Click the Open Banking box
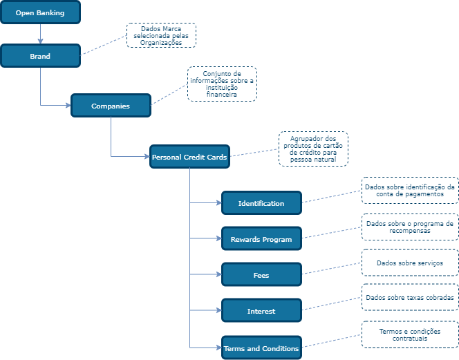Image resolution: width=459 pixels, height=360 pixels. coord(40,12)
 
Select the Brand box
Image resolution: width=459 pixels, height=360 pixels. coord(40,56)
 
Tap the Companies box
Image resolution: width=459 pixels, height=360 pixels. coord(111,106)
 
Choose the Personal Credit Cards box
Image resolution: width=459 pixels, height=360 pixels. coord(189,157)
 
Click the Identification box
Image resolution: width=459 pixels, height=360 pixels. coord(261,203)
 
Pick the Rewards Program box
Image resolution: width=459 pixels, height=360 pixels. coord(261,239)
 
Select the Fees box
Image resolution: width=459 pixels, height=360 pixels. coord(261,275)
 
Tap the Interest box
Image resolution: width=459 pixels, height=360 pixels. coord(261,311)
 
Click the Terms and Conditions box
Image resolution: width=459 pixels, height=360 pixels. coord(261,348)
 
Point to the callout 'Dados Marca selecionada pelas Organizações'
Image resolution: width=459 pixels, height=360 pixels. coord(161,35)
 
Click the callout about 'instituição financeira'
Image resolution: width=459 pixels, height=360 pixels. coord(222,84)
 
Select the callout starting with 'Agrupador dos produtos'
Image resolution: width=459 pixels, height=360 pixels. coord(313,149)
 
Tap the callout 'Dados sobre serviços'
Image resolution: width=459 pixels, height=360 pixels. coord(410,263)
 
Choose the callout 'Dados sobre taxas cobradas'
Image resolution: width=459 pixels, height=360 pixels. coord(410,298)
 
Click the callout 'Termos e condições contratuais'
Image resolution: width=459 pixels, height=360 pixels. coord(410,334)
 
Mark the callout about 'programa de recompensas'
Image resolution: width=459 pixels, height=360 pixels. coord(410,227)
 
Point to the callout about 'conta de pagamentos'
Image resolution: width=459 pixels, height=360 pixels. coord(410,190)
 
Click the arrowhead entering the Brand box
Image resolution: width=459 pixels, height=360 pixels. coord(40,41)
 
